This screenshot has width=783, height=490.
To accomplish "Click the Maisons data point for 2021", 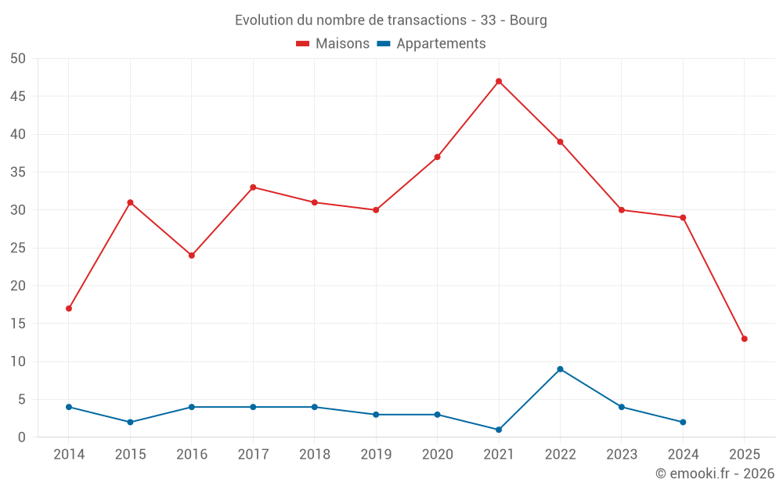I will (499, 82).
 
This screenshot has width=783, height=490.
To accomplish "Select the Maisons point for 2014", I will (69, 309).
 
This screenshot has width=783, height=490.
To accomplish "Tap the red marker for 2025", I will (745, 339).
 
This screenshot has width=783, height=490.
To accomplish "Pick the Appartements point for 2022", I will (560, 369).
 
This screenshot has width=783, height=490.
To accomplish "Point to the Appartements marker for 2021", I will (499, 430).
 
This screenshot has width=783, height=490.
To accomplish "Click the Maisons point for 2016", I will (192, 256).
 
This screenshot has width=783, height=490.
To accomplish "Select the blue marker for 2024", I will (683, 422).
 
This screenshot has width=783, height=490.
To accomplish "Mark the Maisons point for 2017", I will (253, 187).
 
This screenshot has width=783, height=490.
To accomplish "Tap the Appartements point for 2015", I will (130, 422).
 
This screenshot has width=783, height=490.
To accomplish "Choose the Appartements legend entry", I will (441, 44).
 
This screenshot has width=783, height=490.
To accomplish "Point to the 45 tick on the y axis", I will (18, 96).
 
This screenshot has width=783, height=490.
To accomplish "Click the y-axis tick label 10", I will (18, 361).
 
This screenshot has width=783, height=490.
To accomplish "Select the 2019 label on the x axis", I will (376, 455).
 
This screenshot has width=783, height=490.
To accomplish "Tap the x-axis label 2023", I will (622, 455).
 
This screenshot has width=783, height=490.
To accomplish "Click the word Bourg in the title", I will (529, 20).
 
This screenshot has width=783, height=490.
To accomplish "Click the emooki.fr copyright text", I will (715, 474).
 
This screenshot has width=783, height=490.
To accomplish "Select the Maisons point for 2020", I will (437, 157).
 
